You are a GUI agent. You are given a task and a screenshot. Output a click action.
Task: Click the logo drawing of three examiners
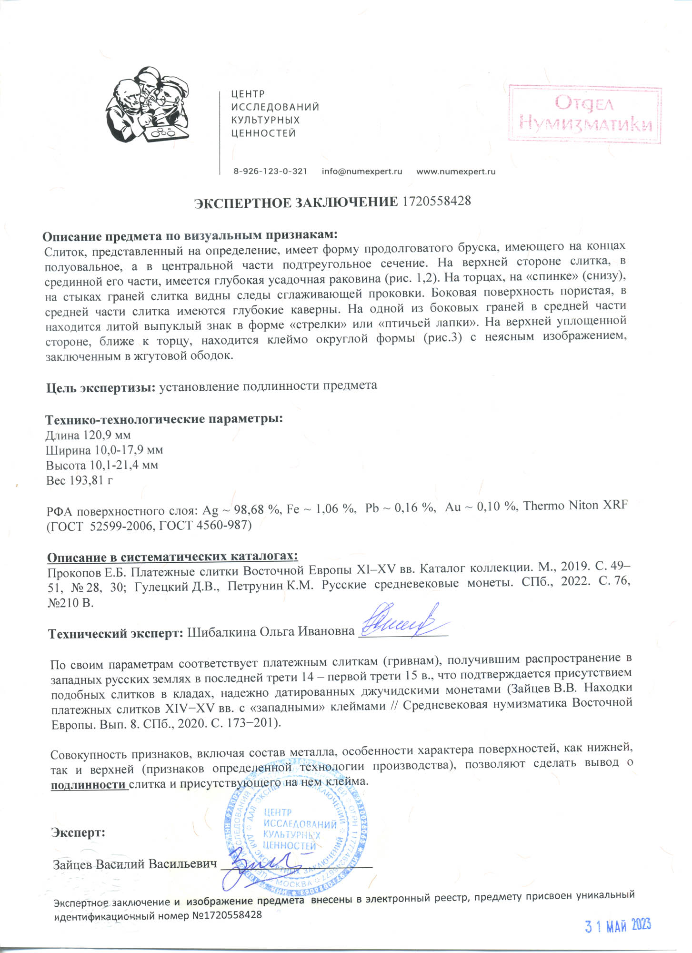(148, 105)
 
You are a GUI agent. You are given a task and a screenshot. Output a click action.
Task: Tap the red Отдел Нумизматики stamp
(585, 114)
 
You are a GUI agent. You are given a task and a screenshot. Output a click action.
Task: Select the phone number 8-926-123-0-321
(270, 172)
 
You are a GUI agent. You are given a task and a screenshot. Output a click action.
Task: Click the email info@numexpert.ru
(362, 172)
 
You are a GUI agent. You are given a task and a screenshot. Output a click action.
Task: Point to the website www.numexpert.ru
(456, 172)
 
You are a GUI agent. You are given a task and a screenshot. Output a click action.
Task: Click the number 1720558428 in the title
(437, 201)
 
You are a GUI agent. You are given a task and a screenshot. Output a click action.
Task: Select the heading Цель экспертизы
(101, 387)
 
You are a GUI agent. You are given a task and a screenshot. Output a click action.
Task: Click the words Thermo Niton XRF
(575, 506)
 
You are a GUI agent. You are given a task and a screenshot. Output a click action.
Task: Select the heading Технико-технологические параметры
(164, 419)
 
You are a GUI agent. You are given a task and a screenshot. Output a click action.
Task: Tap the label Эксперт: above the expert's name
(78, 832)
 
